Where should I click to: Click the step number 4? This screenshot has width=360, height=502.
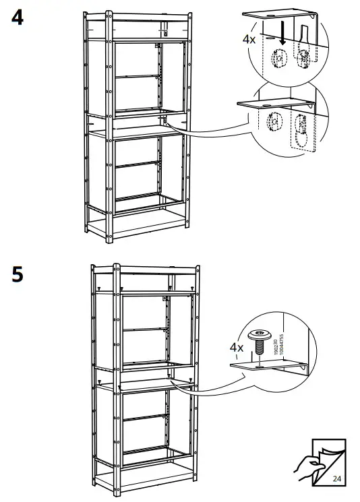tap(18, 17)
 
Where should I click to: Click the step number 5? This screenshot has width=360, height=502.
tap(18, 275)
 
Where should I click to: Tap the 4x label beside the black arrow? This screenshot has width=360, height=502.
tap(249, 39)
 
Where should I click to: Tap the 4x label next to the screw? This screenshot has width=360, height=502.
tap(236, 348)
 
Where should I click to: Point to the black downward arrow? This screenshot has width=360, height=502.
tap(283, 37)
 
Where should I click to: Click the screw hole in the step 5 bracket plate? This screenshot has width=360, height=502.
tap(258, 367)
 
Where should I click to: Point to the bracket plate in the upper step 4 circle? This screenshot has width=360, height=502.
tap(280, 13)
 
